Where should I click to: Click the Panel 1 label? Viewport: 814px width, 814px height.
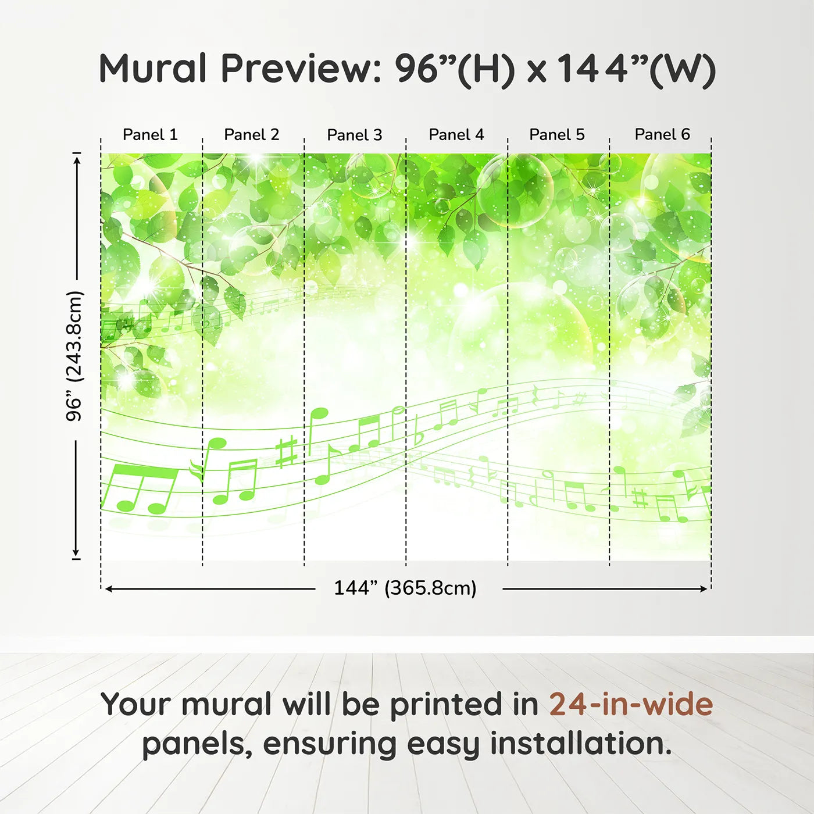tap(150, 135)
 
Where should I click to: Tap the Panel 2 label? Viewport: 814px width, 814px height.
tap(251, 135)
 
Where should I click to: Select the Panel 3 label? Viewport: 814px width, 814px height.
tap(355, 135)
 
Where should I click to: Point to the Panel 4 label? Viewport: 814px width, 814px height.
tap(456, 135)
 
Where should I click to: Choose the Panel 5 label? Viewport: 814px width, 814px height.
tap(557, 135)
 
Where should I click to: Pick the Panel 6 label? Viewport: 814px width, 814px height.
tap(662, 134)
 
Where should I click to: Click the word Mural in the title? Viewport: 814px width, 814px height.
tap(152, 68)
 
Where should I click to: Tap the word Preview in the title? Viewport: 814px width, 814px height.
tap(301, 68)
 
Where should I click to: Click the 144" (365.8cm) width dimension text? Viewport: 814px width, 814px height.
tap(405, 588)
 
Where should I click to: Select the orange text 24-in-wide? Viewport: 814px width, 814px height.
tap(631, 704)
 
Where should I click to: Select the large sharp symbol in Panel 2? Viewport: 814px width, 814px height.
tap(287, 453)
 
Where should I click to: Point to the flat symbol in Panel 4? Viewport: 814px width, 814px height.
tap(419, 431)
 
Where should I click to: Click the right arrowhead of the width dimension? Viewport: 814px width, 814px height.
tap(704, 588)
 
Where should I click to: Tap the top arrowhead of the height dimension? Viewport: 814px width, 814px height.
tap(76, 161)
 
